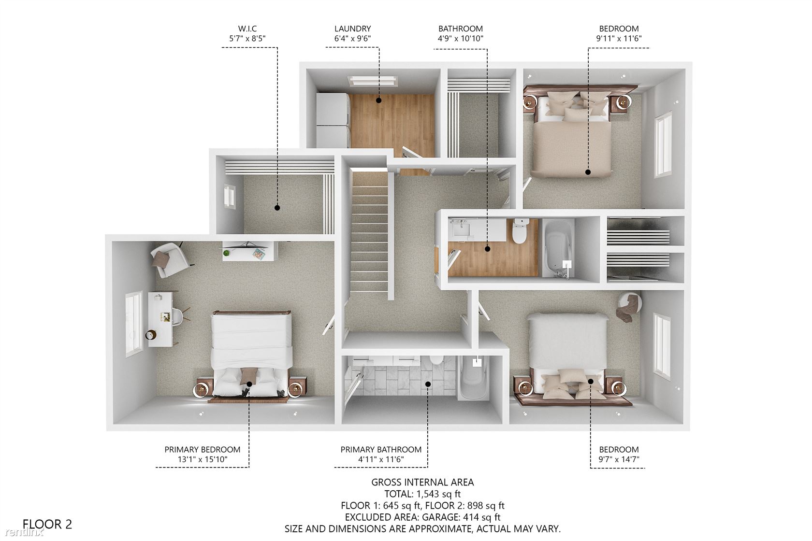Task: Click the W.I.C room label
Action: pos(247,28)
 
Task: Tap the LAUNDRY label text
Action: pos(352,28)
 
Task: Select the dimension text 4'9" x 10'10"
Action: pos(460,39)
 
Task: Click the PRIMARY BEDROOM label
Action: pos(202,450)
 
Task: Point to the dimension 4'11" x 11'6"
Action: pos(381,459)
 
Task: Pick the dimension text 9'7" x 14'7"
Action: pos(619,459)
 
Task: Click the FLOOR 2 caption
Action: pos(47,524)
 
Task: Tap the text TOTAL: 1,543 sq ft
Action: pos(422,494)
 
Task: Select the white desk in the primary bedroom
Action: pos(160,319)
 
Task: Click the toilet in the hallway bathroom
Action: pos(520,231)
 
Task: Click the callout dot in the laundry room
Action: pos(379,100)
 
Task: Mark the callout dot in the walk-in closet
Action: pos(277,208)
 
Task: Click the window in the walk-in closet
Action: pos(230,196)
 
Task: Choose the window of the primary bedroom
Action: pos(134,324)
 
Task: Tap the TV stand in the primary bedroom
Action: pos(250,251)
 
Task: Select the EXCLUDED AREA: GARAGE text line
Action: pos(422,517)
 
